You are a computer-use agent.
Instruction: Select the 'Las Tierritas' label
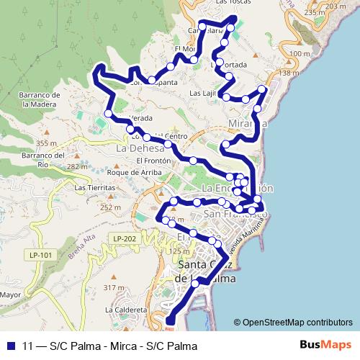coord(94,187)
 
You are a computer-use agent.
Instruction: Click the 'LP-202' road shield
coord(124,238)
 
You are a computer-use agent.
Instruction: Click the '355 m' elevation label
coord(46,143)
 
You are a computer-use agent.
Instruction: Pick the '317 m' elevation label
coord(114,287)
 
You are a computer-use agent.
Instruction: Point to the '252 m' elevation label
coord(110,207)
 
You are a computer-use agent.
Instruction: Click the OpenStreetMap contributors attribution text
coord(293,323)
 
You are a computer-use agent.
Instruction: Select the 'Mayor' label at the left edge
coord(9,294)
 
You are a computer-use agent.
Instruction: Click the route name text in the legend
coord(109,346)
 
